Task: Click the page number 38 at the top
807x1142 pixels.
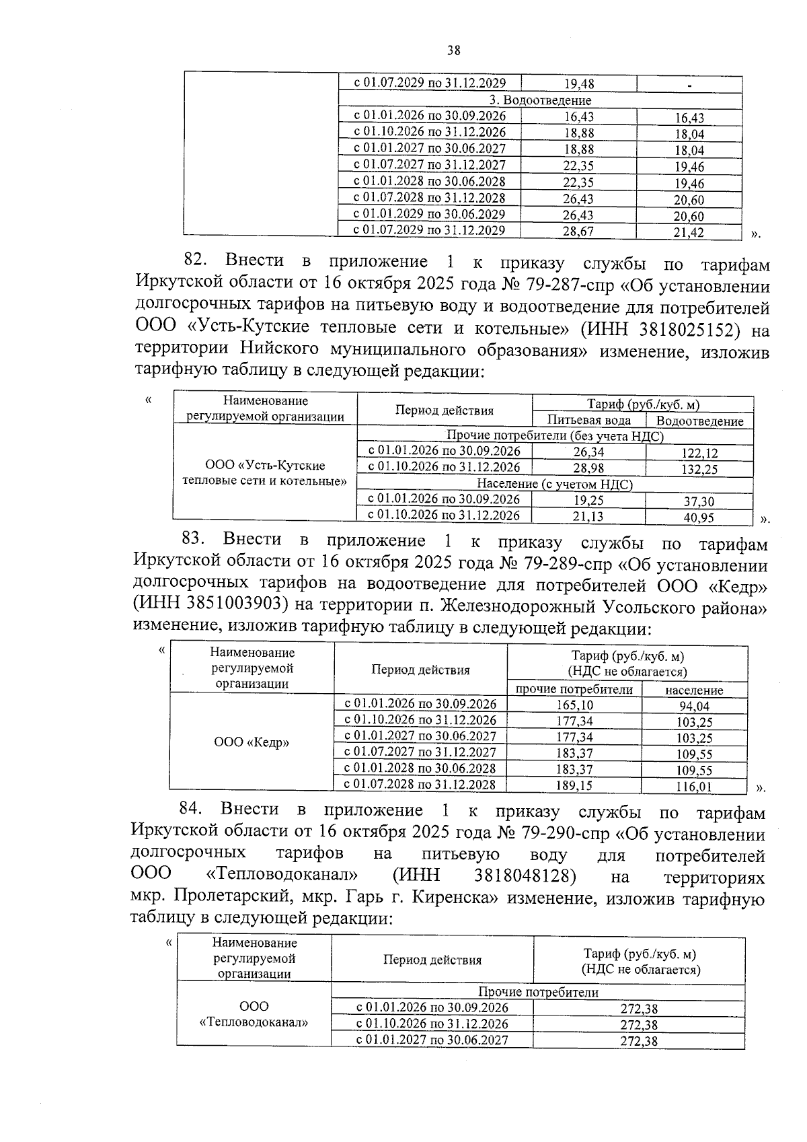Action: click(453, 50)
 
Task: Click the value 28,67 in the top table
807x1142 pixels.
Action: click(578, 231)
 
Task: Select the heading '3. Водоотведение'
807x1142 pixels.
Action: click(541, 100)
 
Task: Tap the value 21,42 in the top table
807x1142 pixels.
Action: click(689, 233)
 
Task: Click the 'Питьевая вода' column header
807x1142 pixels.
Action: click(588, 421)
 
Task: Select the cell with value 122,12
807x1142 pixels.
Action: click(699, 454)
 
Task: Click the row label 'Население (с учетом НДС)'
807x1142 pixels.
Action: click(554, 484)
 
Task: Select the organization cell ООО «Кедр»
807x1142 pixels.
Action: click(252, 743)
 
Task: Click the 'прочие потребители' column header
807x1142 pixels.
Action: click(574, 689)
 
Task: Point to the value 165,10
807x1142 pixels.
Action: click(574, 705)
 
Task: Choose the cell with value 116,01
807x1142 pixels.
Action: click(694, 786)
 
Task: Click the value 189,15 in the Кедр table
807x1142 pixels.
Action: click(574, 785)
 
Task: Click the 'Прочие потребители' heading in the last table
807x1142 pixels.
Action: click(537, 992)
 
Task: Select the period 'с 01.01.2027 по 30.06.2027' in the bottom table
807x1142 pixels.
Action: click(432, 1040)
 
